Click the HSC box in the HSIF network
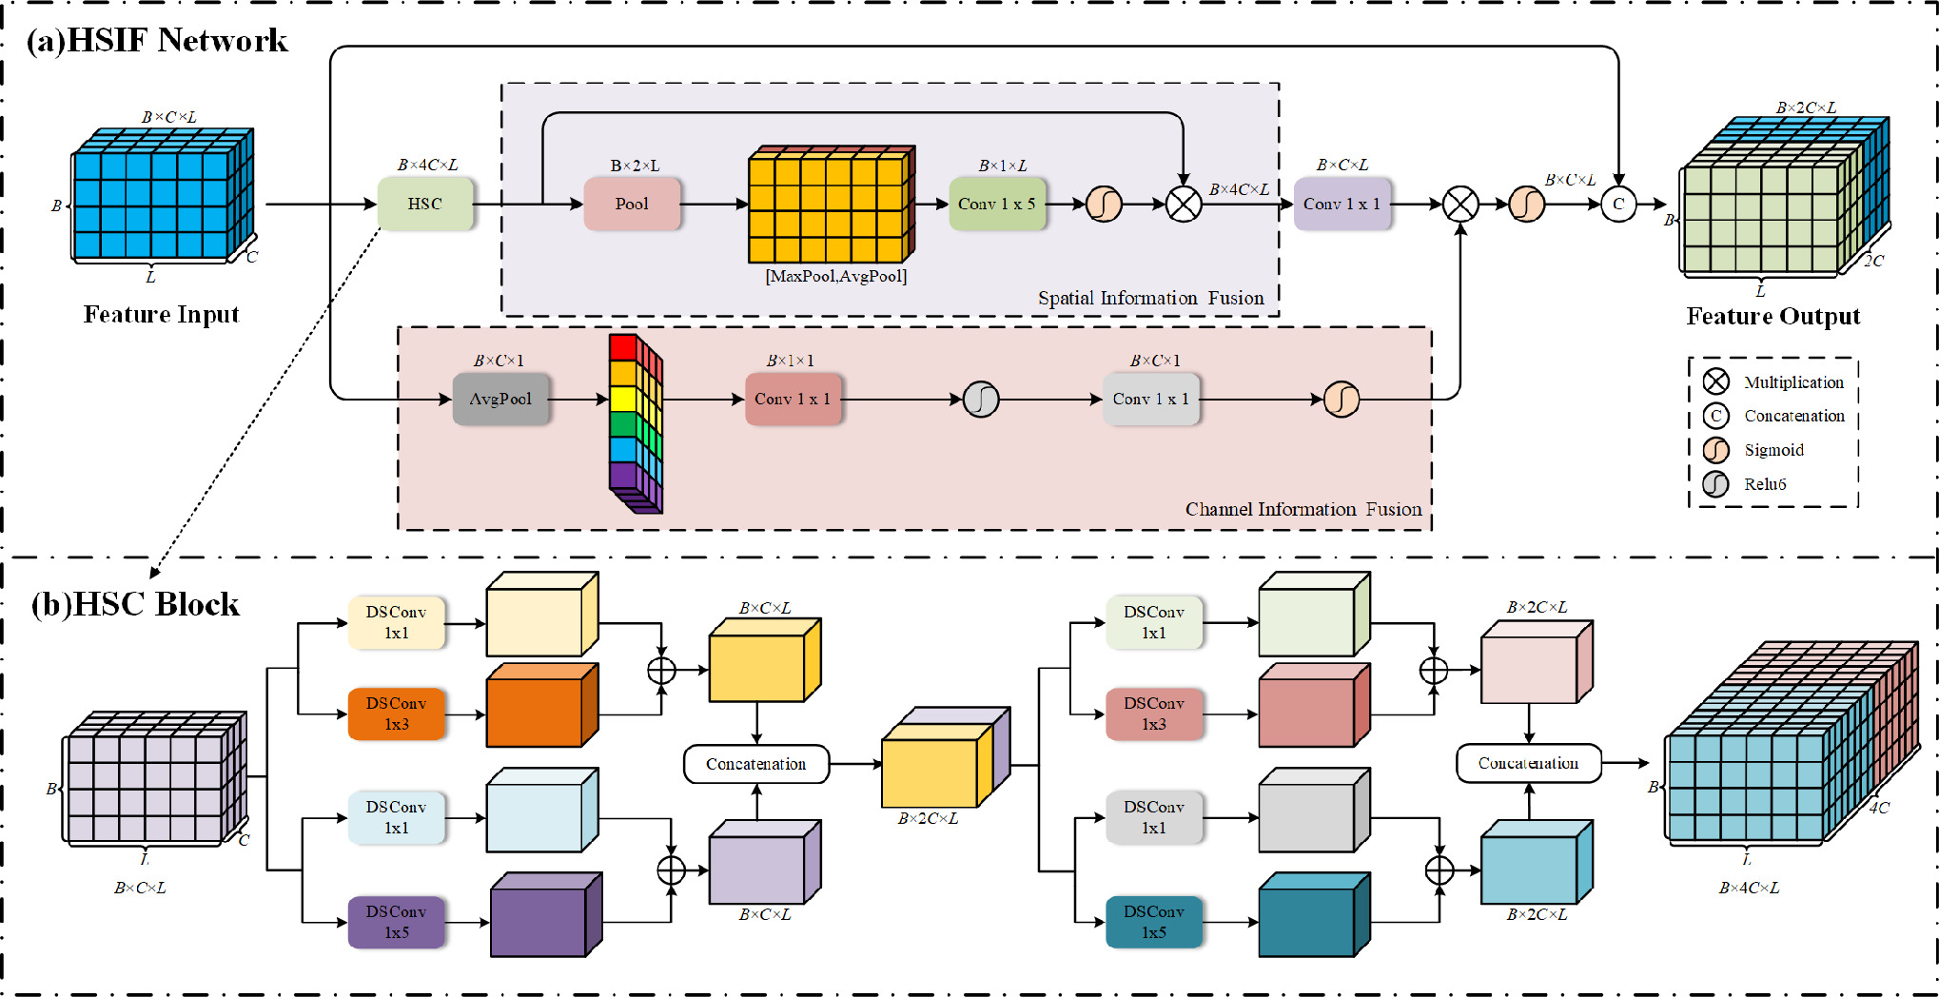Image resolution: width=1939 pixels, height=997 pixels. (x=425, y=204)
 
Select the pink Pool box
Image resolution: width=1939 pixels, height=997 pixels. (x=632, y=204)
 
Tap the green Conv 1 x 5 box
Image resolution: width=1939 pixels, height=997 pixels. (x=997, y=204)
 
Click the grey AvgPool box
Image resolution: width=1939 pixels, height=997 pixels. (x=500, y=399)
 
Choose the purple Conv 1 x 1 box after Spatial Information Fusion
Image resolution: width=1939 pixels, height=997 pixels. (x=1342, y=204)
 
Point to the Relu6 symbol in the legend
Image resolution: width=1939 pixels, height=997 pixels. (x=1715, y=484)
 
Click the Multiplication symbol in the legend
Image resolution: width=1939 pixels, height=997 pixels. (x=1715, y=381)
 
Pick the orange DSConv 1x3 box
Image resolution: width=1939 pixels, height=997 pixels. (x=397, y=714)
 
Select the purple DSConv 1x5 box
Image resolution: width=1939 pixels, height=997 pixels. (x=397, y=922)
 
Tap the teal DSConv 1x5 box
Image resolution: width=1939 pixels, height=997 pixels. (x=1154, y=922)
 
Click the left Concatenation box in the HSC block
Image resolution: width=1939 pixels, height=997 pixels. (x=756, y=764)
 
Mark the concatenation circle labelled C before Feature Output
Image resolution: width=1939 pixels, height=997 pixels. (x=1618, y=204)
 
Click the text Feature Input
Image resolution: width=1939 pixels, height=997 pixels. (x=161, y=315)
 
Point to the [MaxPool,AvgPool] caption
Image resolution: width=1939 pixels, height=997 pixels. (x=836, y=276)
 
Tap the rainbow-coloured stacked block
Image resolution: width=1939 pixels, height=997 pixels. (x=636, y=423)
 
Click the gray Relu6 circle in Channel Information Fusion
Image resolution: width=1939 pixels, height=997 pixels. (x=981, y=399)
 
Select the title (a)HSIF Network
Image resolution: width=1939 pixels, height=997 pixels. (x=157, y=40)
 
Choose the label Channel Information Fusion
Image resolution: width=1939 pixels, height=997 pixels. (x=1303, y=509)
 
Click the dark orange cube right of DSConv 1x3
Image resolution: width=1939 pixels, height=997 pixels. (x=542, y=705)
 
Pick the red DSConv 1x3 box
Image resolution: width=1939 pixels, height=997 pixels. (x=1154, y=714)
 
